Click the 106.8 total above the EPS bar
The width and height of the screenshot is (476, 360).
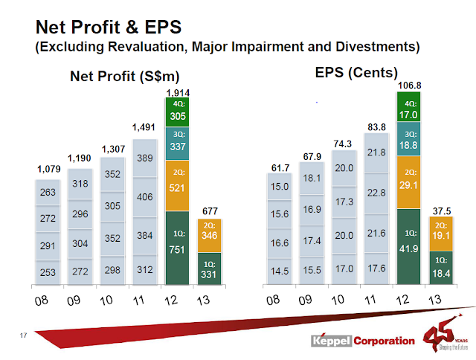coord(408,86)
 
